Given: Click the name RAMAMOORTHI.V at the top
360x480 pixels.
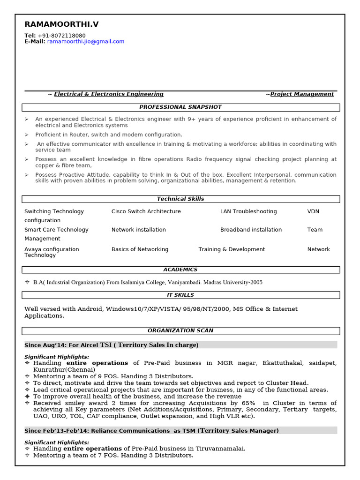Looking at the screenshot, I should click(x=61, y=24).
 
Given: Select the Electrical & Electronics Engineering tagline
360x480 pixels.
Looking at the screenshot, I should click(x=109, y=94).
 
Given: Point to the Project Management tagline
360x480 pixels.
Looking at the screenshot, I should click(x=302, y=94).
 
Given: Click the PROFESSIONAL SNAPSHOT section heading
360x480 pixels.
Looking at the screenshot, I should click(x=180, y=107).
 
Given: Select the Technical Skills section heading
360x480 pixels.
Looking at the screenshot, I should click(x=180, y=199).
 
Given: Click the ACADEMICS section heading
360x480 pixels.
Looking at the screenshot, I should click(x=180, y=270).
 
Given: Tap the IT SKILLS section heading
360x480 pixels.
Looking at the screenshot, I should click(x=180, y=295).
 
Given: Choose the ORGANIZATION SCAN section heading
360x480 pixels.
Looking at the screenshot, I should click(x=180, y=331).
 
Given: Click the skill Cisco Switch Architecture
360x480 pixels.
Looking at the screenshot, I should click(x=146, y=212).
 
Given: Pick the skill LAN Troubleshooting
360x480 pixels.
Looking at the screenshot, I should click(x=248, y=212).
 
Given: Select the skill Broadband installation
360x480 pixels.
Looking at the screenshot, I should click(x=251, y=230).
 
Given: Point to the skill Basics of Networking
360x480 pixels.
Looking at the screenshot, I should click(x=140, y=250).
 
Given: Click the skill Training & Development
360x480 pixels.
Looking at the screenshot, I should click(x=232, y=250).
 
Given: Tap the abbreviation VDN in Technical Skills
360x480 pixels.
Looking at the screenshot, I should click(x=313, y=212).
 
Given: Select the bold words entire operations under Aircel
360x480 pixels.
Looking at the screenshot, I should click(x=97, y=363).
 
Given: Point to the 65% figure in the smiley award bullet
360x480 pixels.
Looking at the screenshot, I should click(x=248, y=403).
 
